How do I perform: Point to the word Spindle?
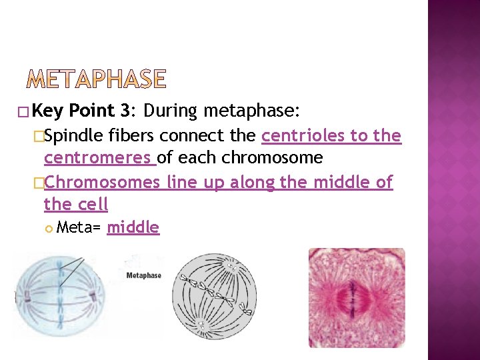[x=73, y=136]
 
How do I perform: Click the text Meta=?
[x=79, y=227]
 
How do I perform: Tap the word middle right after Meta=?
[x=133, y=227]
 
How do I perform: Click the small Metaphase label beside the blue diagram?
[x=144, y=275]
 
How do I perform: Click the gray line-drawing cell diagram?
[x=214, y=295]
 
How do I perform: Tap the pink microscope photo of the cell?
[x=356, y=297]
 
